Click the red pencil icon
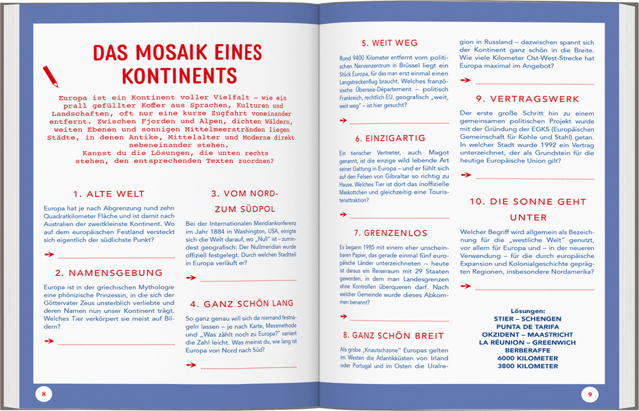click(50, 76)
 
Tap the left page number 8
click(44, 394)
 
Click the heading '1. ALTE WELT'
click(108, 194)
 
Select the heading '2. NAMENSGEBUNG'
click(108, 273)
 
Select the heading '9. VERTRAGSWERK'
click(527, 99)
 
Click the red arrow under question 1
click(49, 254)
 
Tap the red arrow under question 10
click(465, 286)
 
